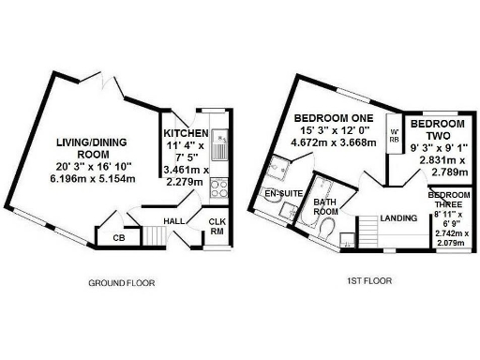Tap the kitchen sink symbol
pyautogui.click(x=217, y=145)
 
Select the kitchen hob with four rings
pyautogui.click(x=217, y=187)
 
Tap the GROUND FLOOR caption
pyautogui.click(x=121, y=282)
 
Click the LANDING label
pyautogui.click(x=398, y=218)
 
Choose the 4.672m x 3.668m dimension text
pyautogui.click(x=336, y=143)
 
